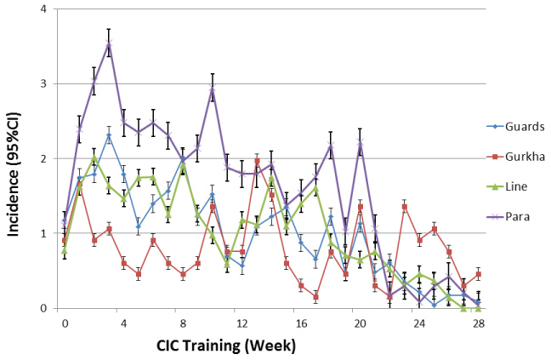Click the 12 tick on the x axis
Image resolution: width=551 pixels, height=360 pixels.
(x=241, y=323)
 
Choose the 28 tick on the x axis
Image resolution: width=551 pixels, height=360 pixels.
(x=478, y=323)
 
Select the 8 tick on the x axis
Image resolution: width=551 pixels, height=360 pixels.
(x=182, y=323)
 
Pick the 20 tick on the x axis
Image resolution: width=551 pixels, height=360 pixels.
(x=360, y=323)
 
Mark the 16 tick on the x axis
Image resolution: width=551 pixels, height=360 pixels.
(x=300, y=323)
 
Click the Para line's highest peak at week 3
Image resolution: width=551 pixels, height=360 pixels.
(x=109, y=43)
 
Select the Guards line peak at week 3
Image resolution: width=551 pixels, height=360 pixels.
(x=109, y=135)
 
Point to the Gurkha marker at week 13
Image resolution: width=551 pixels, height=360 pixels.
(x=257, y=161)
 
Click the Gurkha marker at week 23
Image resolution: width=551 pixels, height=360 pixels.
(x=405, y=207)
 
